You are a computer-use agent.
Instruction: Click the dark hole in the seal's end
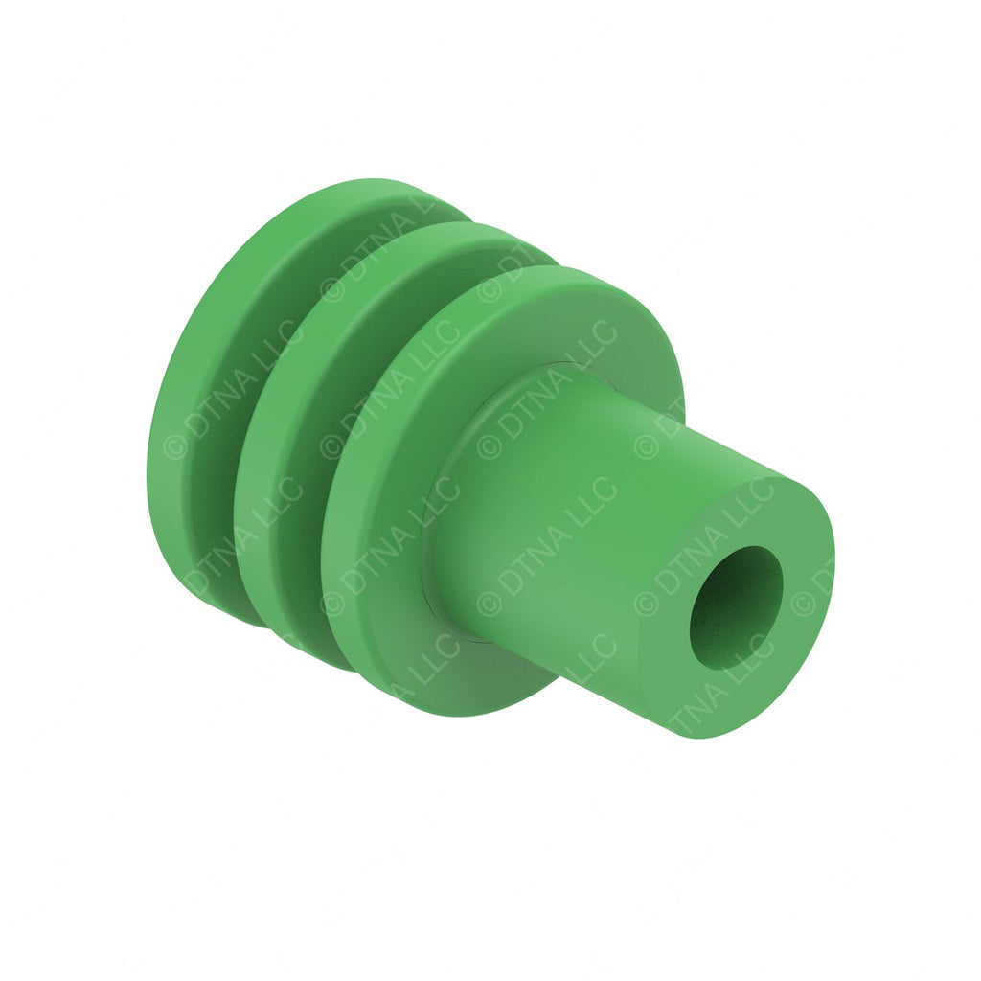point(736,607)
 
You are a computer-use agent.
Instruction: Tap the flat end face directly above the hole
point(757,513)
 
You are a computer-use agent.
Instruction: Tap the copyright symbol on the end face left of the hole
point(647,604)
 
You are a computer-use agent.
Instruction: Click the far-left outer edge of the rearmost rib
point(150,460)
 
